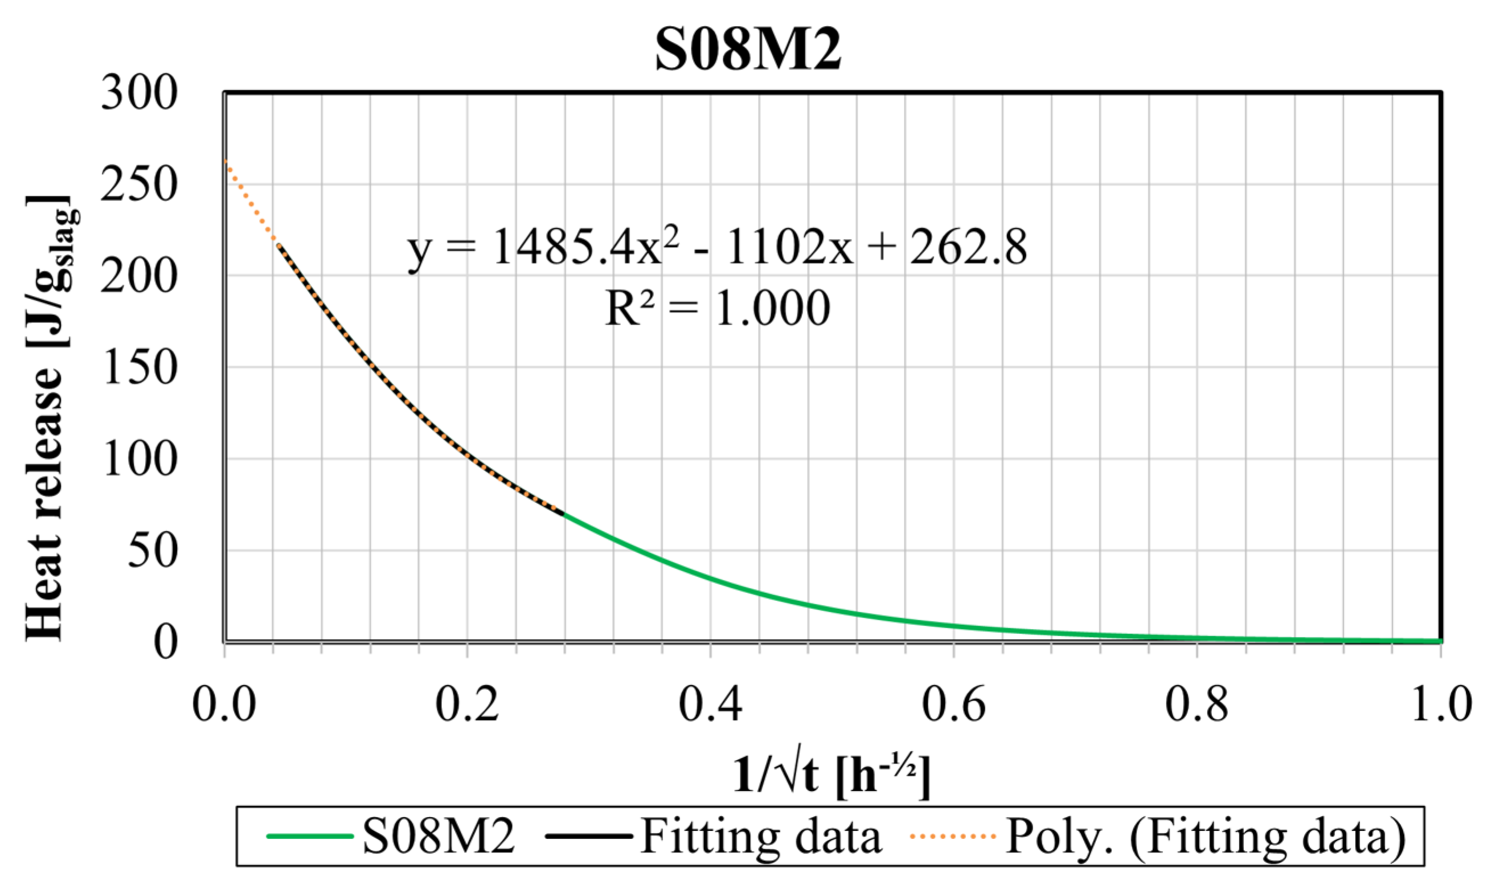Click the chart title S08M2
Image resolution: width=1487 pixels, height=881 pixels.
click(x=747, y=50)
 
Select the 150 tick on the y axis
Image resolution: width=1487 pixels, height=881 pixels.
click(x=139, y=367)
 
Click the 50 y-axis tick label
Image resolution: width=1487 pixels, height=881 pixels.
click(x=152, y=551)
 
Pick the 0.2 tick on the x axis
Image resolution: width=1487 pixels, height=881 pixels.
click(x=466, y=704)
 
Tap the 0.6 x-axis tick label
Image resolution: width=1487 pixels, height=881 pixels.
click(x=953, y=704)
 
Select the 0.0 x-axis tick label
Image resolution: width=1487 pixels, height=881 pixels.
click(x=224, y=704)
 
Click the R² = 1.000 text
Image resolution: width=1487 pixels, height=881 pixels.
click(x=716, y=309)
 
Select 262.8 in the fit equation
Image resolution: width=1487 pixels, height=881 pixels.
click(x=968, y=247)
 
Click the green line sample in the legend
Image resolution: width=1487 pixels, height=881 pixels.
click(x=310, y=837)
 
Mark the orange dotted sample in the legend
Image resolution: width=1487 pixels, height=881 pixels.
click(x=952, y=837)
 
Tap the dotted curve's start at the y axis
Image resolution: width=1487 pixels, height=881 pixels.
click(x=226, y=161)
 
